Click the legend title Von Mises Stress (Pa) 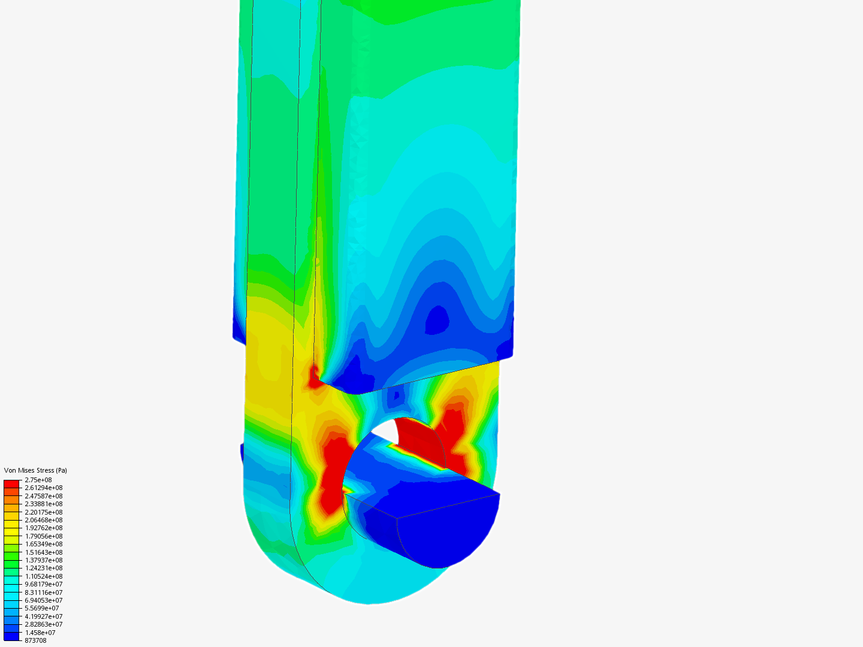point(35,470)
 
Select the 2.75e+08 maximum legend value point(38,480)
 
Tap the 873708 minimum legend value point(35,640)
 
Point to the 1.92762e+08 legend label point(44,528)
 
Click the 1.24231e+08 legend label point(44,568)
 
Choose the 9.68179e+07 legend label point(44,584)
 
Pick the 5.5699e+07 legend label point(42,608)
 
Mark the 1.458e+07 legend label point(40,633)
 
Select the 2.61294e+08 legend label point(44,488)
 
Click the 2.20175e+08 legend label point(44,512)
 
